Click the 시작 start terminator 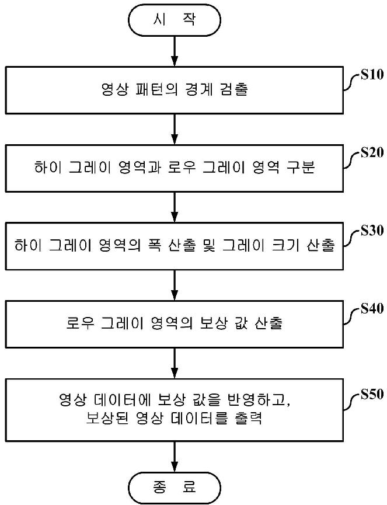pyautogui.click(x=175, y=20)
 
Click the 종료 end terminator pyautogui.click(x=175, y=487)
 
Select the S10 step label pyautogui.click(x=372, y=75)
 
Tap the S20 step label pyautogui.click(x=372, y=152)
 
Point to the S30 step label pyautogui.click(x=372, y=230)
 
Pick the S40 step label pyautogui.click(x=372, y=308)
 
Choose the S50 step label pyautogui.click(x=372, y=394)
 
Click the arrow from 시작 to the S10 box pyautogui.click(x=175, y=51)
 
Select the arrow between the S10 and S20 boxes pyautogui.click(x=175, y=129)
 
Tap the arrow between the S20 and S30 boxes pyautogui.click(x=175, y=207)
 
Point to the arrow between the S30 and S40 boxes pyautogui.click(x=175, y=285)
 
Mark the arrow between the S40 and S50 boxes pyautogui.click(x=175, y=363)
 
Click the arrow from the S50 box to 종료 pyautogui.click(x=175, y=457)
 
